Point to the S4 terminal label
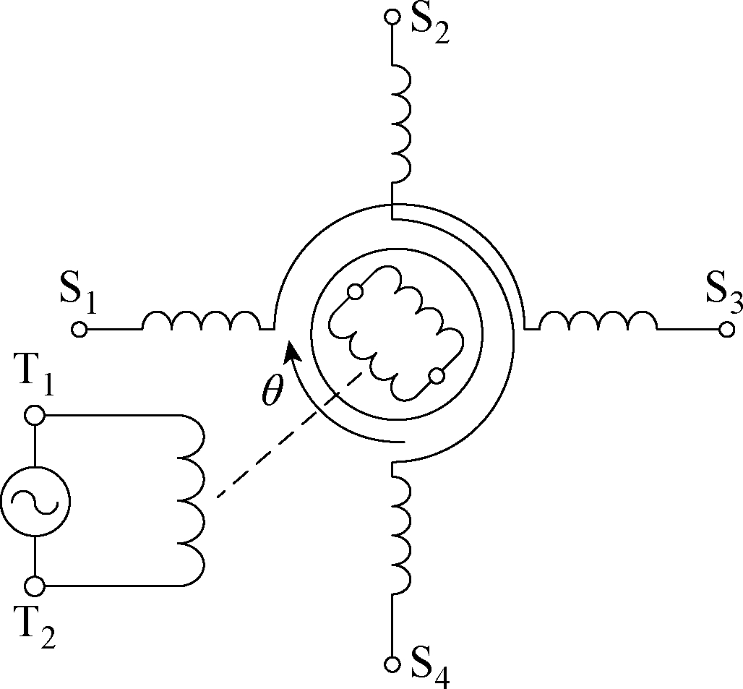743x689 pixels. click(x=430, y=668)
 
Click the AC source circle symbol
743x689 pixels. click(x=35, y=501)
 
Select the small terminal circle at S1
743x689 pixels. click(x=79, y=329)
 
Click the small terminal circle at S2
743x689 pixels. click(x=392, y=17)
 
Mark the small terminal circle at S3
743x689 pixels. click(x=726, y=329)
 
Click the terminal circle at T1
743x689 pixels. click(x=35, y=416)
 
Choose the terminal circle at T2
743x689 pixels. click(x=35, y=586)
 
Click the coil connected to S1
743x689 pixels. click(x=201, y=320)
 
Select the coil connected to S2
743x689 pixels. click(x=401, y=123)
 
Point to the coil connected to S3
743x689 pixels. click(x=598, y=320)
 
